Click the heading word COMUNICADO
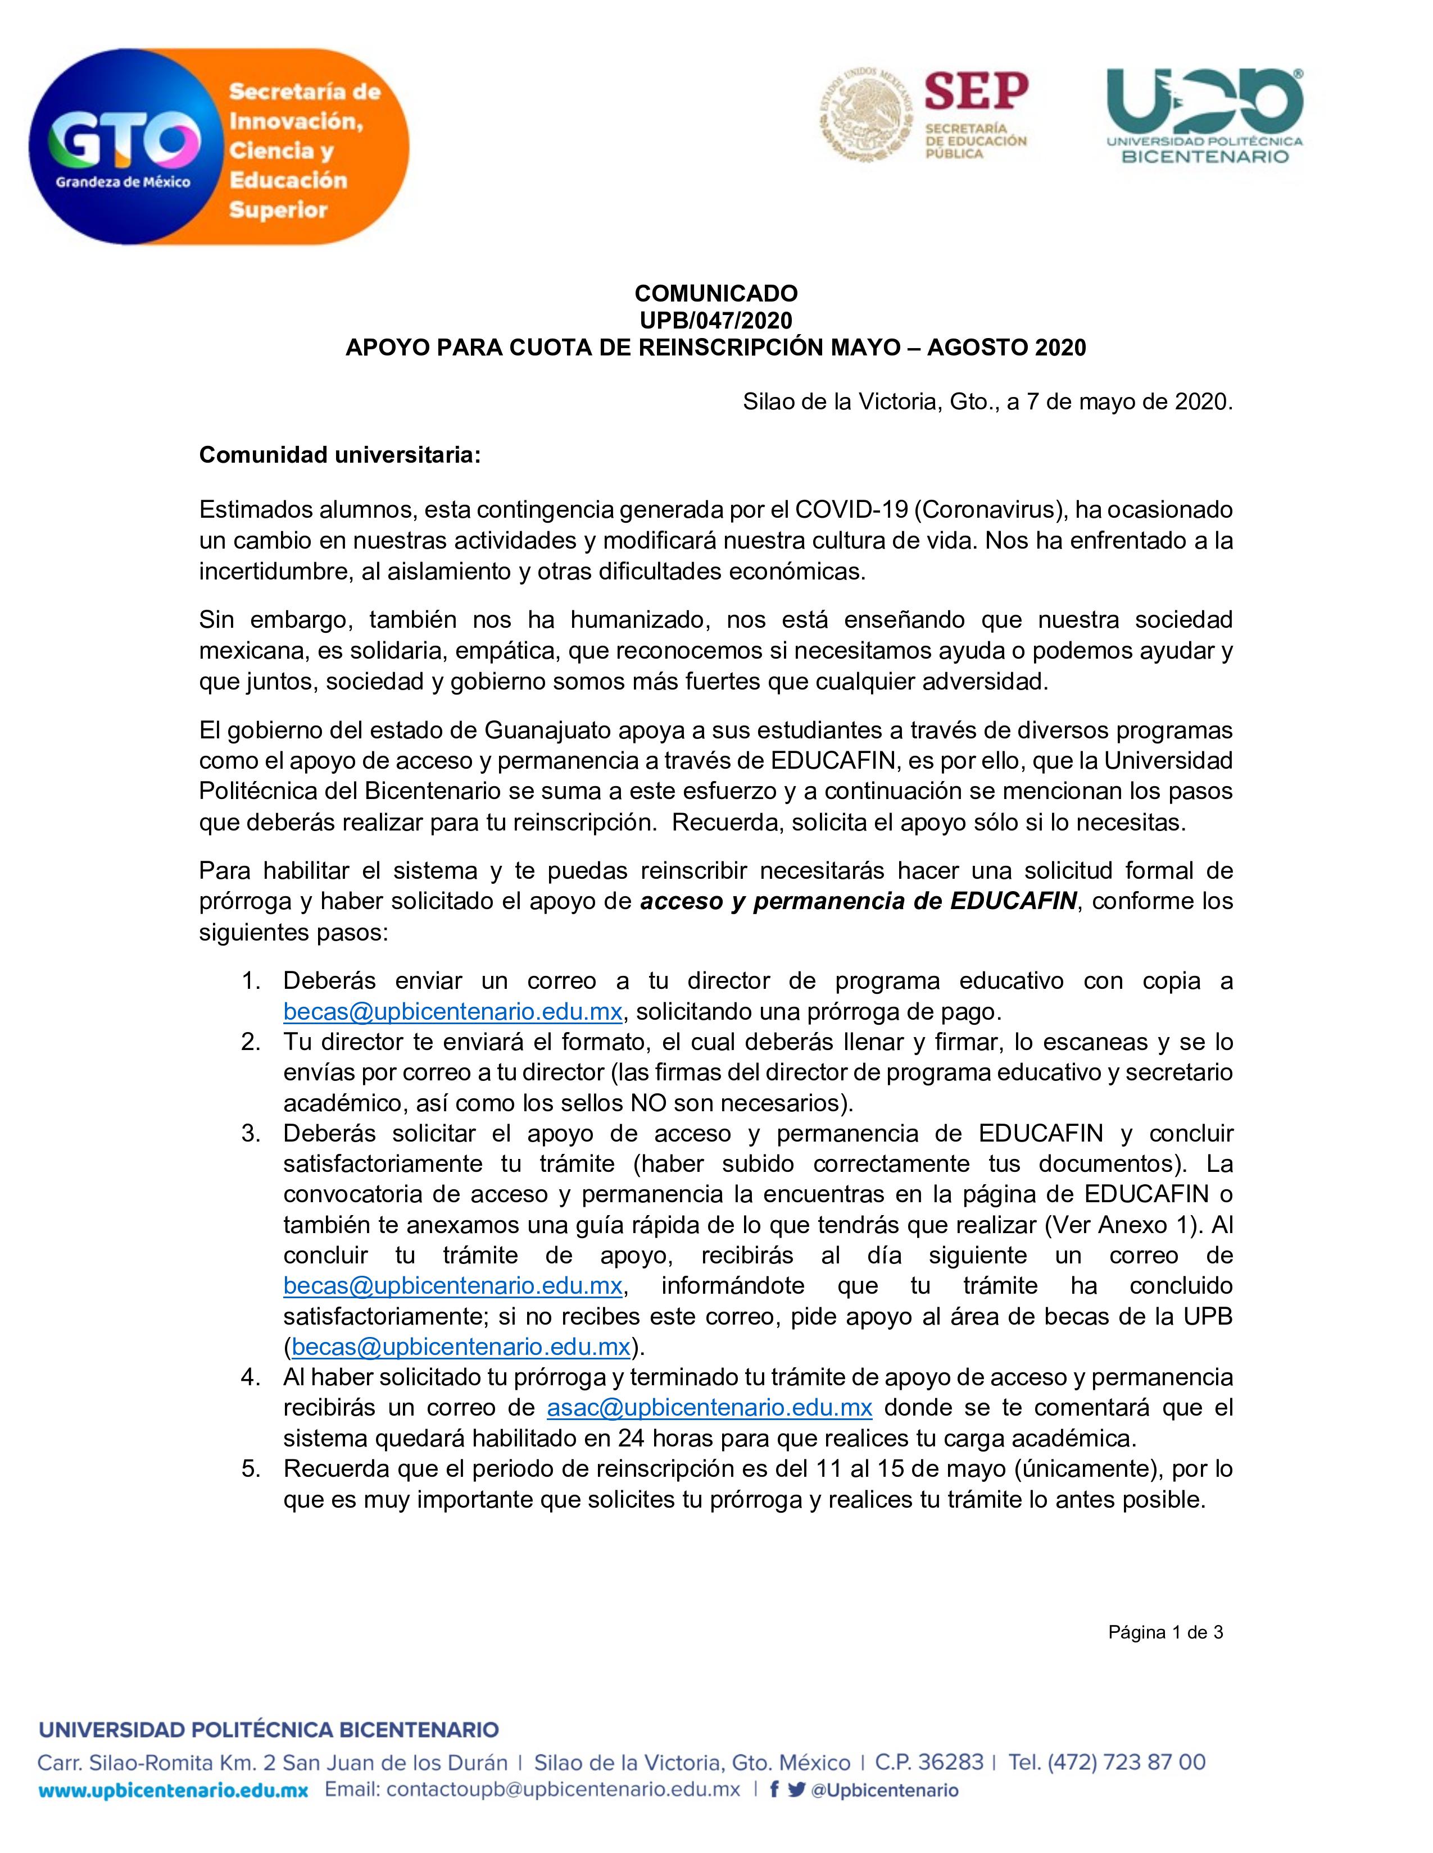click(x=715, y=294)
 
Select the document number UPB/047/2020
click(x=715, y=321)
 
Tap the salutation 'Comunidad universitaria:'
click(x=339, y=455)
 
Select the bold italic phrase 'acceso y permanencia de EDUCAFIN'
click(x=858, y=901)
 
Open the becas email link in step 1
click(x=452, y=1011)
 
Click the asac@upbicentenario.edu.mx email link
click(x=710, y=1408)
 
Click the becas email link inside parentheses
click(x=461, y=1347)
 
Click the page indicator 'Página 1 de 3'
click(x=1165, y=1632)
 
